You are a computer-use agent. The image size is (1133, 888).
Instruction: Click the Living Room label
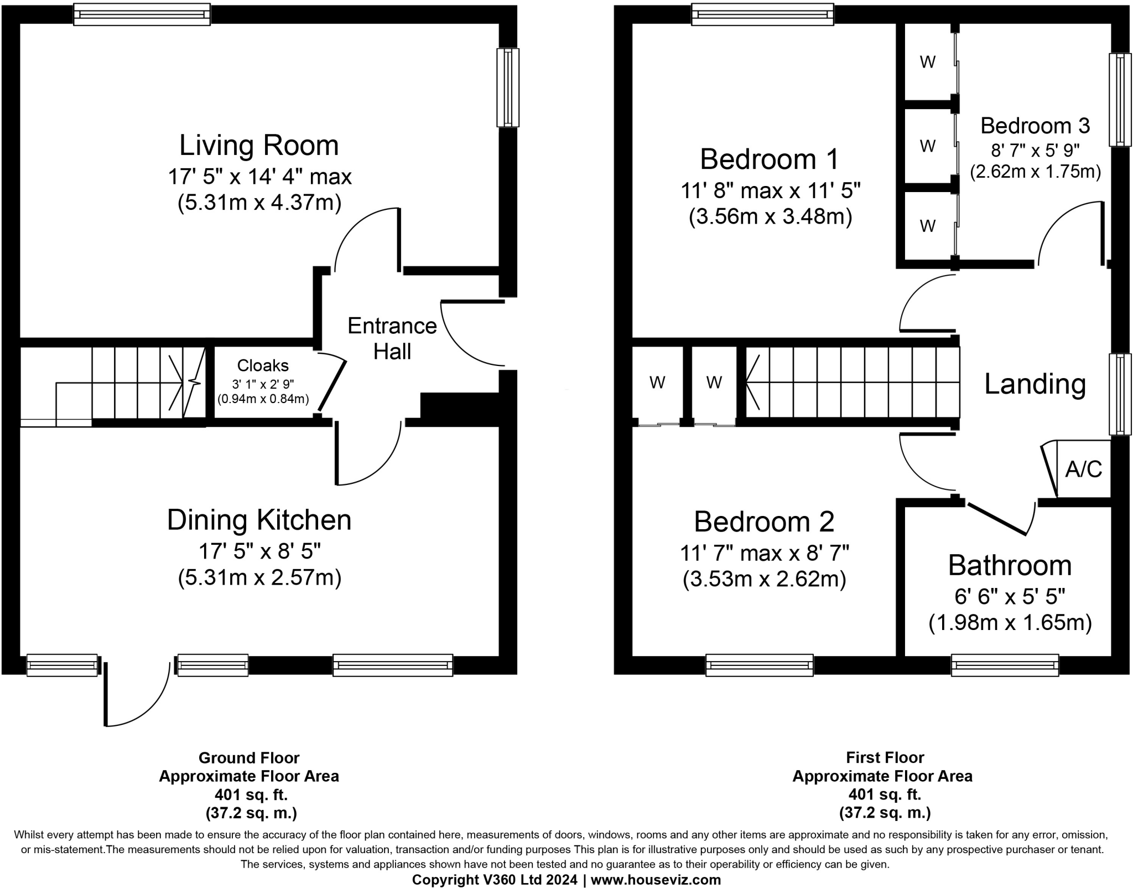tap(259, 146)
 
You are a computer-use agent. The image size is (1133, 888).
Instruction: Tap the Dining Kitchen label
tap(259, 520)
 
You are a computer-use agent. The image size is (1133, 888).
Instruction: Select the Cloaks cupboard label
tap(263, 365)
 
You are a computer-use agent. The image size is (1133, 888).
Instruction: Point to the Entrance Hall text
tap(392, 338)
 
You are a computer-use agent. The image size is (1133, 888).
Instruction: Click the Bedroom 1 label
tap(770, 159)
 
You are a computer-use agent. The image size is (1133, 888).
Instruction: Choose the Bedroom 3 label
tap(1035, 126)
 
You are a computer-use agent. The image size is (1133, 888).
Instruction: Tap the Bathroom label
tap(1010, 565)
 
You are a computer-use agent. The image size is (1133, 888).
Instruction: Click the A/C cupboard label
tap(1084, 469)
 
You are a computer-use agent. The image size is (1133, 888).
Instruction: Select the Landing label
tap(1035, 384)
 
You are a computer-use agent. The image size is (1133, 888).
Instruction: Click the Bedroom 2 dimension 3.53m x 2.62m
tap(765, 579)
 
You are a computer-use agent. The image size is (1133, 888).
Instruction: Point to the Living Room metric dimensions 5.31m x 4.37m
tap(259, 203)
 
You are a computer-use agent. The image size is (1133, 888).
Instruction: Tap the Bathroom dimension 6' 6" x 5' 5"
tap(1010, 596)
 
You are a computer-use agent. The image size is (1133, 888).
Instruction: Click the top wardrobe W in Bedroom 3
tap(928, 62)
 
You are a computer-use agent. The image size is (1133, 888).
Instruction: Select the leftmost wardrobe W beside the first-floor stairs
tap(657, 383)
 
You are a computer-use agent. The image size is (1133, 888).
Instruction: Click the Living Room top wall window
tap(142, 14)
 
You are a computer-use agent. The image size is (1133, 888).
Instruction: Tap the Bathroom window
tap(1005, 665)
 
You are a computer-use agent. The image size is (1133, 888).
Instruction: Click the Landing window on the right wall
tap(1120, 394)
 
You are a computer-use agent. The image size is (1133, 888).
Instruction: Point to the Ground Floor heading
tap(249, 758)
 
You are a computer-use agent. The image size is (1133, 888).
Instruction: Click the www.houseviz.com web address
tap(656, 880)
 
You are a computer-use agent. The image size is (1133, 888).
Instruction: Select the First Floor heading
tap(885, 757)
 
